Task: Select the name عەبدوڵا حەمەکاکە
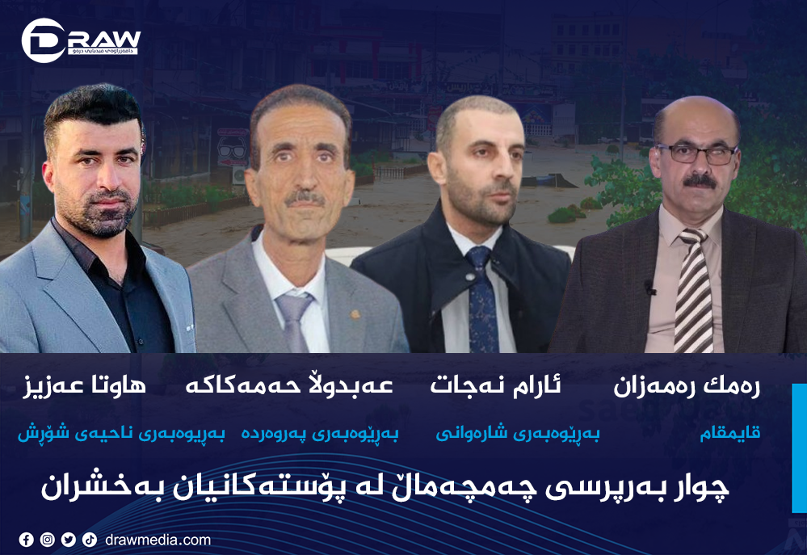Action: point(289,386)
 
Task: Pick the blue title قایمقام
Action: point(729,434)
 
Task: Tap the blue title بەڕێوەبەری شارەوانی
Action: point(518,434)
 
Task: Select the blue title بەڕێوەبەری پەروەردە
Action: point(320,434)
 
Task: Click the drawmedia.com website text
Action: point(158,540)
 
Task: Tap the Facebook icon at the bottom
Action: point(27,540)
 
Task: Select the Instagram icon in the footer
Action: point(48,540)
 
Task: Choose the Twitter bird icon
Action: point(69,540)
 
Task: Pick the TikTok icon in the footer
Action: point(90,540)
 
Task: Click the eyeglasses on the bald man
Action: point(696,153)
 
